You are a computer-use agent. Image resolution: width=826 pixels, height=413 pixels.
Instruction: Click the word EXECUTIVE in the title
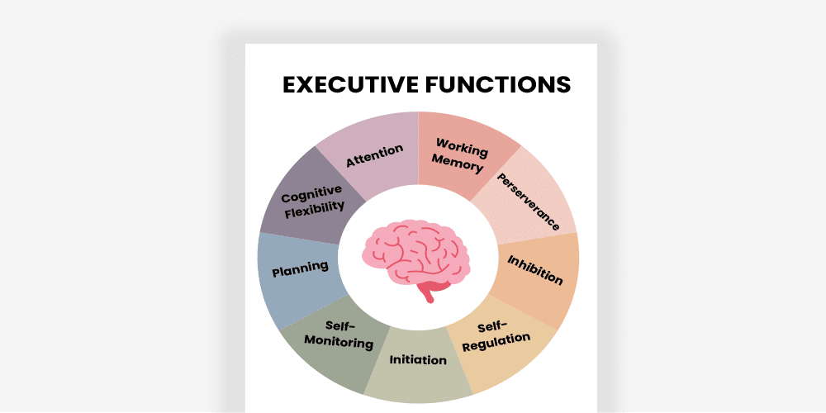pos(352,84)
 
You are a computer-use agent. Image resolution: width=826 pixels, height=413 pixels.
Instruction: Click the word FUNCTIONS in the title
pos(499,84)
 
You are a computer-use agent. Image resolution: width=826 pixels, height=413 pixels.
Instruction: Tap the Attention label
pos(374,155)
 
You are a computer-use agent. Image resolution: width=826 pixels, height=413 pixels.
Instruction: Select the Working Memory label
pos(461,154)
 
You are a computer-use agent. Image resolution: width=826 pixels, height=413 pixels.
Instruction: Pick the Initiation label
pos(418,359)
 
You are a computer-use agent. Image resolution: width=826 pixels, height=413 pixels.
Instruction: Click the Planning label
pos(300,268)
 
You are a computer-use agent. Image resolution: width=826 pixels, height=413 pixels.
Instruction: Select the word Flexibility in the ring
pos(315,210)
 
